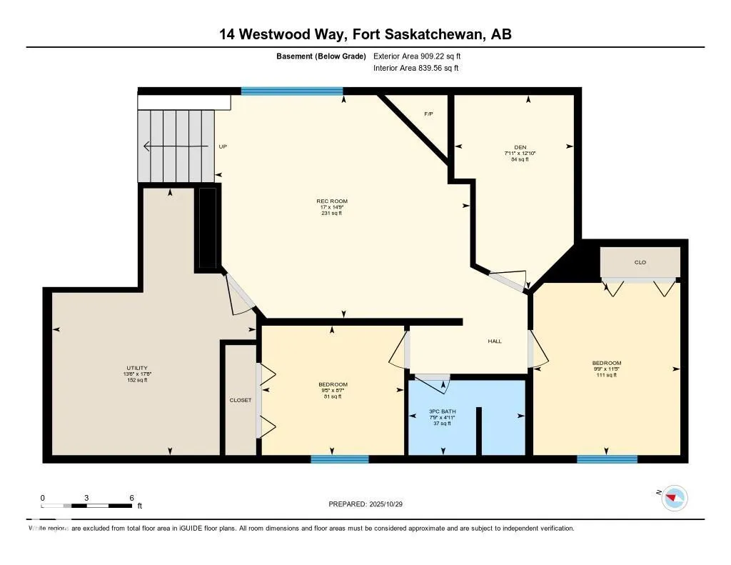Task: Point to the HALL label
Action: coord(495,341)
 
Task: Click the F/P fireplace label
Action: coord(428,114)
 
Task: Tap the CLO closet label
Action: coord(640,262)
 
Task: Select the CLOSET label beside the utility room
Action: coord(241,400)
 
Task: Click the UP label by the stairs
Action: coord(223,146)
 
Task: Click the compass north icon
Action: coord(675,498)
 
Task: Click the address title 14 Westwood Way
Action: coord(365,34)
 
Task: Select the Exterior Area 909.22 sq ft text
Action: coord(422,56)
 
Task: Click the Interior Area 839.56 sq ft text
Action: coord(416,69)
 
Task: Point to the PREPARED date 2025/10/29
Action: coord(370,504)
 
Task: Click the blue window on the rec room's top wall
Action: coord(292,91)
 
